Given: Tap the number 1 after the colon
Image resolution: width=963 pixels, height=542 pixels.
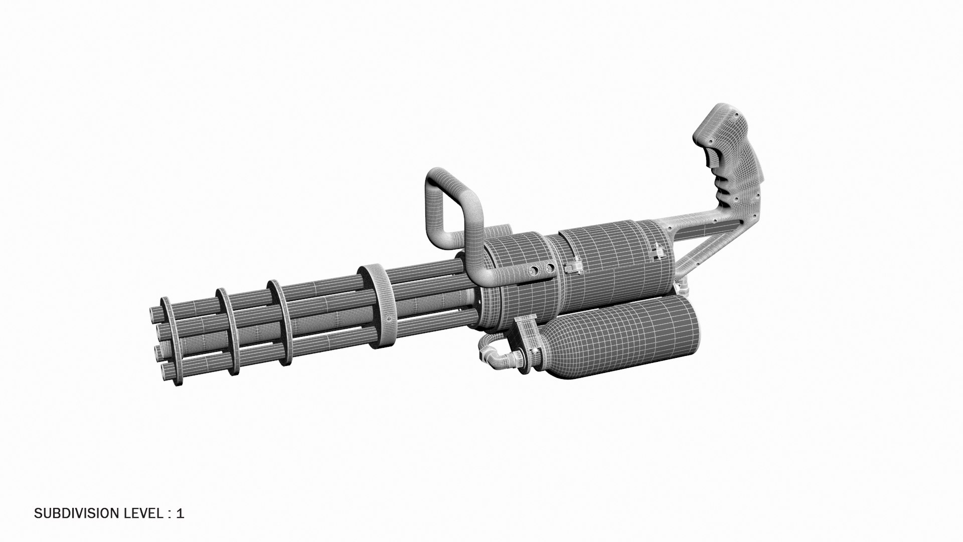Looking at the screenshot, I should (181, 513).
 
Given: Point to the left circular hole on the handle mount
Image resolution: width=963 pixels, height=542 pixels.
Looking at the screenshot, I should (532, 271).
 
